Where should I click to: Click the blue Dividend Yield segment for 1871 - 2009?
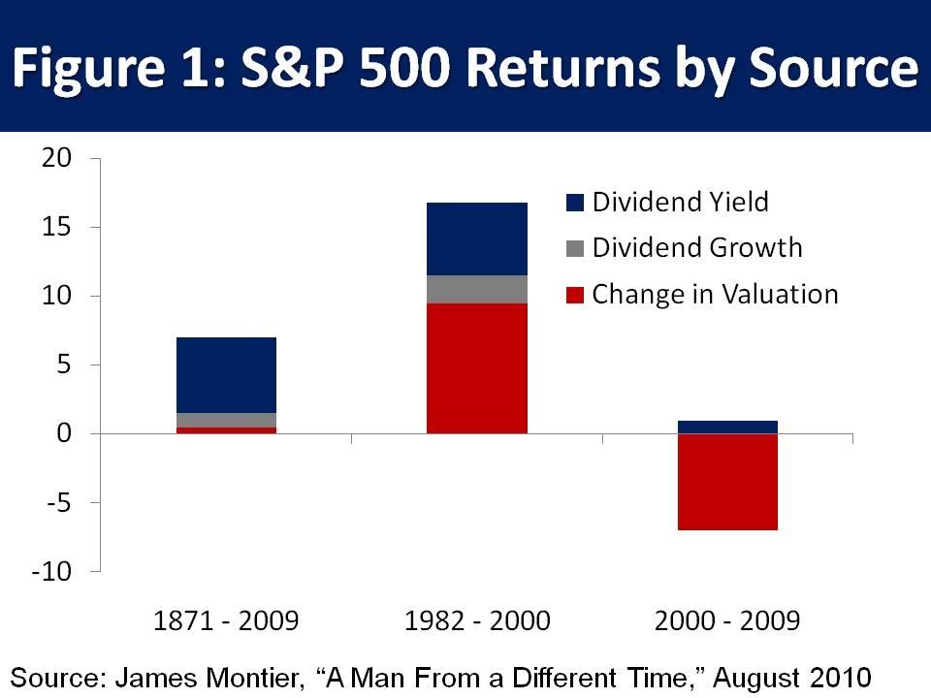click(226, 375)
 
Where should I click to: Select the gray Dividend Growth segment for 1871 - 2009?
click(226, 420)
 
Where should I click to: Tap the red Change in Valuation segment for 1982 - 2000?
click(477, 368)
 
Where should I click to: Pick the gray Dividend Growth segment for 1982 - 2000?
click(477, 289)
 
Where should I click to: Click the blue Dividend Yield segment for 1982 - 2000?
click(477, 238)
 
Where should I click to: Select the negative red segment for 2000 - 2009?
click(727, 482)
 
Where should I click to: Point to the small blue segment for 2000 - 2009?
click(727, 427)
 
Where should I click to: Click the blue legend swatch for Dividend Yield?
click(575, 202)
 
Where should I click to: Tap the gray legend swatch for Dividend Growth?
click(575, 248)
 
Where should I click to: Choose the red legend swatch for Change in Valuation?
click(575, 295)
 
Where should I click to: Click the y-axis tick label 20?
click(56, 159)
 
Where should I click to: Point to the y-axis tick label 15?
click(56, 228)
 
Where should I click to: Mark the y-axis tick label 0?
click(63, 433)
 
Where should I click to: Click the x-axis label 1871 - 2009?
click(226, 621)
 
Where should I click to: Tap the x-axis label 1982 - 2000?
click(477, 621)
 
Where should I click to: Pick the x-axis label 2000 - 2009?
click(727, 621)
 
